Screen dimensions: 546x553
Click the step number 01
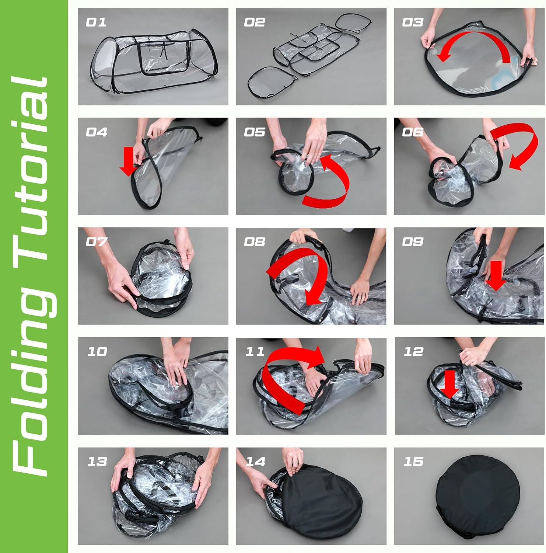click(x=96, y=22)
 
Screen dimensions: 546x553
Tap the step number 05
click(x=255, y=132)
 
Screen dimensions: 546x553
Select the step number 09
click(x=413, y=241)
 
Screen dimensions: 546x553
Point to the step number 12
click(x=413, y=351)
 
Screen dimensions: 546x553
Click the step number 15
click(x=413, y=461)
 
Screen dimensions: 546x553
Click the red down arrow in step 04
click(x=128, y=161)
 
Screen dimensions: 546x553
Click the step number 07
click(x=96, y=241)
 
